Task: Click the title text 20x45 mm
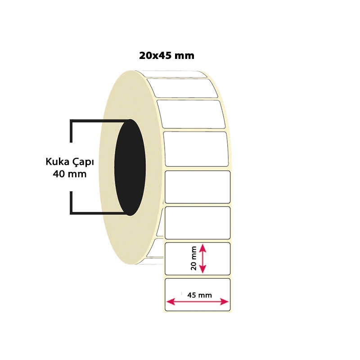[166, 55]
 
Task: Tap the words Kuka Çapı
[70, 162]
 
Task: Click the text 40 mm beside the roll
[70, 174]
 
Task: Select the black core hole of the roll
[130, 167]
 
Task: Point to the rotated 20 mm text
[193, 258]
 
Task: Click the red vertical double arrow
[202, 258]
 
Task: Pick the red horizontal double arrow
[198, 301]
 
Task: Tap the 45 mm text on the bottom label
[199, 295]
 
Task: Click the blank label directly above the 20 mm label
[198, 223]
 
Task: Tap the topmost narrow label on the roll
[175, 74]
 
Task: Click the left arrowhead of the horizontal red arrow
[171, 301]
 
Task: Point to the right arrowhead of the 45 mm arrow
[224, 301]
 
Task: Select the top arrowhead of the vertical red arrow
[202, 248]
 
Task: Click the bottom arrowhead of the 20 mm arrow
[202, 269]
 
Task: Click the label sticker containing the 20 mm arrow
[198, 259]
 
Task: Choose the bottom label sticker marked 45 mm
[198, 295]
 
